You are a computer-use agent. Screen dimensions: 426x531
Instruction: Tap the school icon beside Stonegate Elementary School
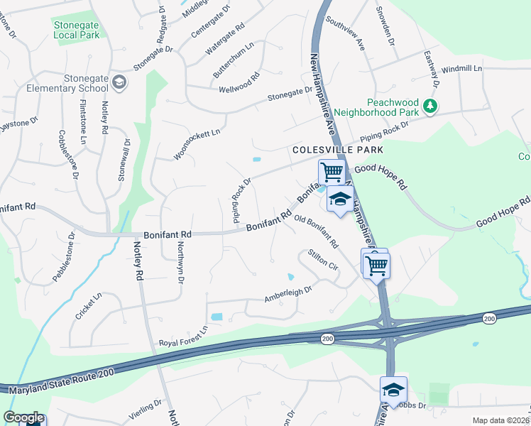click(119, 83)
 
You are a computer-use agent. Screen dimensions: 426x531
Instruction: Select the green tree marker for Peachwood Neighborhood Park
click(429, 106)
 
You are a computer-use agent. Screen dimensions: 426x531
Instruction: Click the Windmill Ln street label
click(461, 69)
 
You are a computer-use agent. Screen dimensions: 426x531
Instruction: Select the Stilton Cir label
click(322, 259)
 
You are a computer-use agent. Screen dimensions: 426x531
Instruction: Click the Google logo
click(23, 417)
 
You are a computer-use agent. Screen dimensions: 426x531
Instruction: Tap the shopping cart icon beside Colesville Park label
click(331, 172)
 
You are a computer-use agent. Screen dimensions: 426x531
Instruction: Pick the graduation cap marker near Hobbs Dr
click(393, 389)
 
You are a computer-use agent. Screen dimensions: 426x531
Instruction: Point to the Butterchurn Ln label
click(234, 60)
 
